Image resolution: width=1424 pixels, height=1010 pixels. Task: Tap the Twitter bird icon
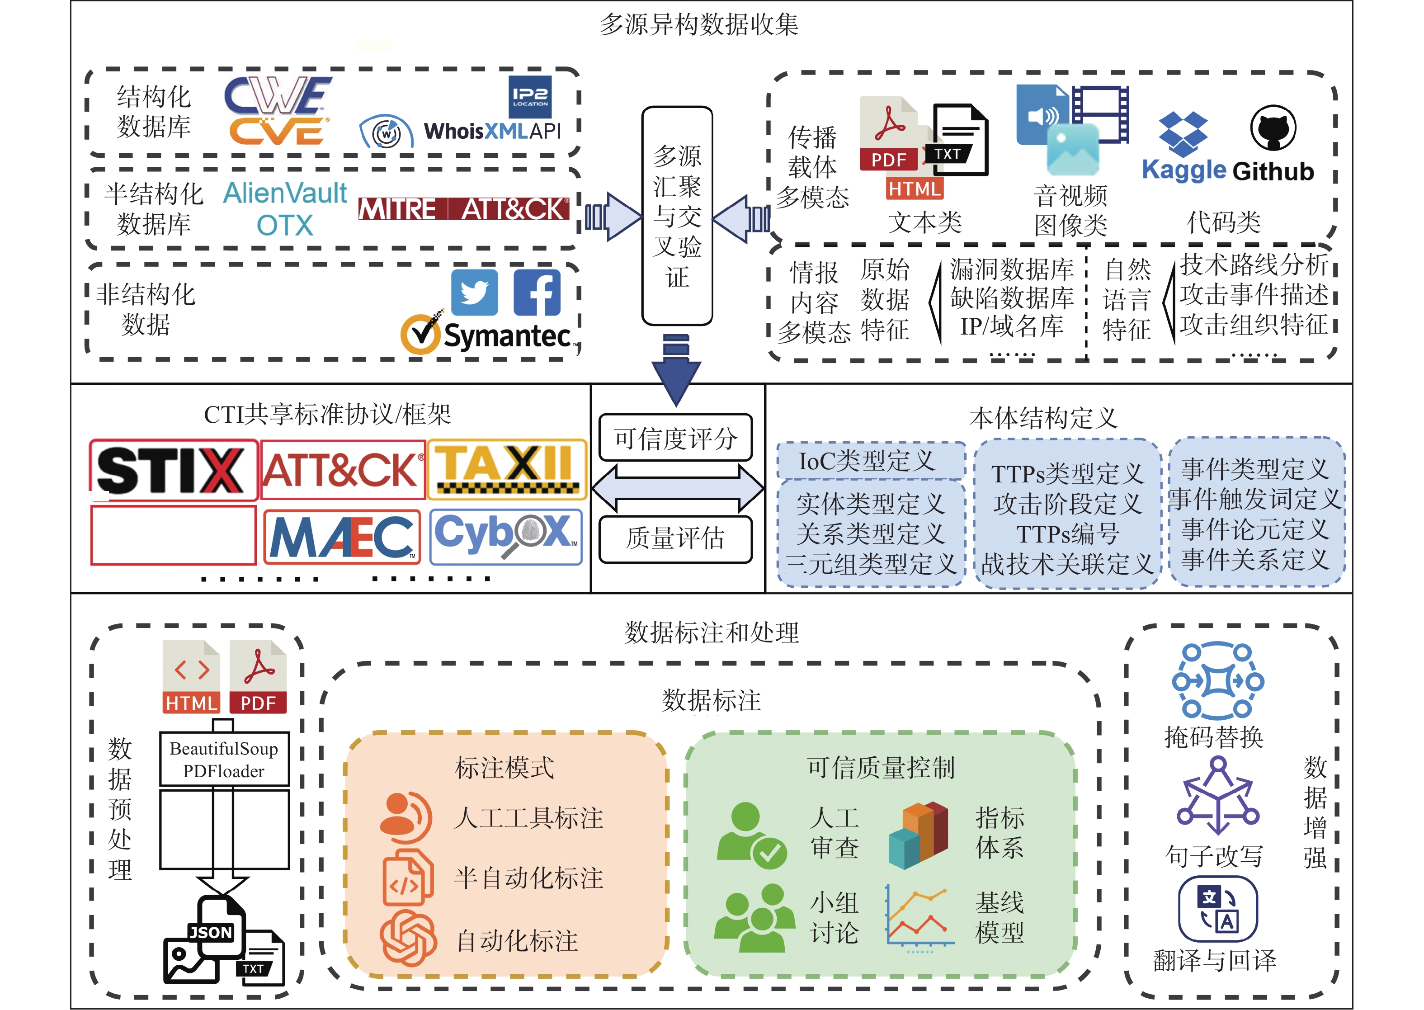point(475,293)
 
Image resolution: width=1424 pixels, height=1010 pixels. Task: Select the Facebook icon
point(537,293)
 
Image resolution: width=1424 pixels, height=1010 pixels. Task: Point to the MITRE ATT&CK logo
point(464,209)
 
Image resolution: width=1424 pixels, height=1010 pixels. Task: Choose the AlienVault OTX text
point(285,209)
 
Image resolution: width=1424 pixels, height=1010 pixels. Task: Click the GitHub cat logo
point(1273,128)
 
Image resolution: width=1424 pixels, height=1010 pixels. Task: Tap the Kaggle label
point(1184,170)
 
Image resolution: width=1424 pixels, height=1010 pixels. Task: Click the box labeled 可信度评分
point(676,438)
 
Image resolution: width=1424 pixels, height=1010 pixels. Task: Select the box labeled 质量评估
point(676,538)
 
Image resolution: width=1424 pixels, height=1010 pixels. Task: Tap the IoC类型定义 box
point(871,461)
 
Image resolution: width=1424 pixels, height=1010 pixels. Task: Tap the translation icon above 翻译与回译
point(1217,909)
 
